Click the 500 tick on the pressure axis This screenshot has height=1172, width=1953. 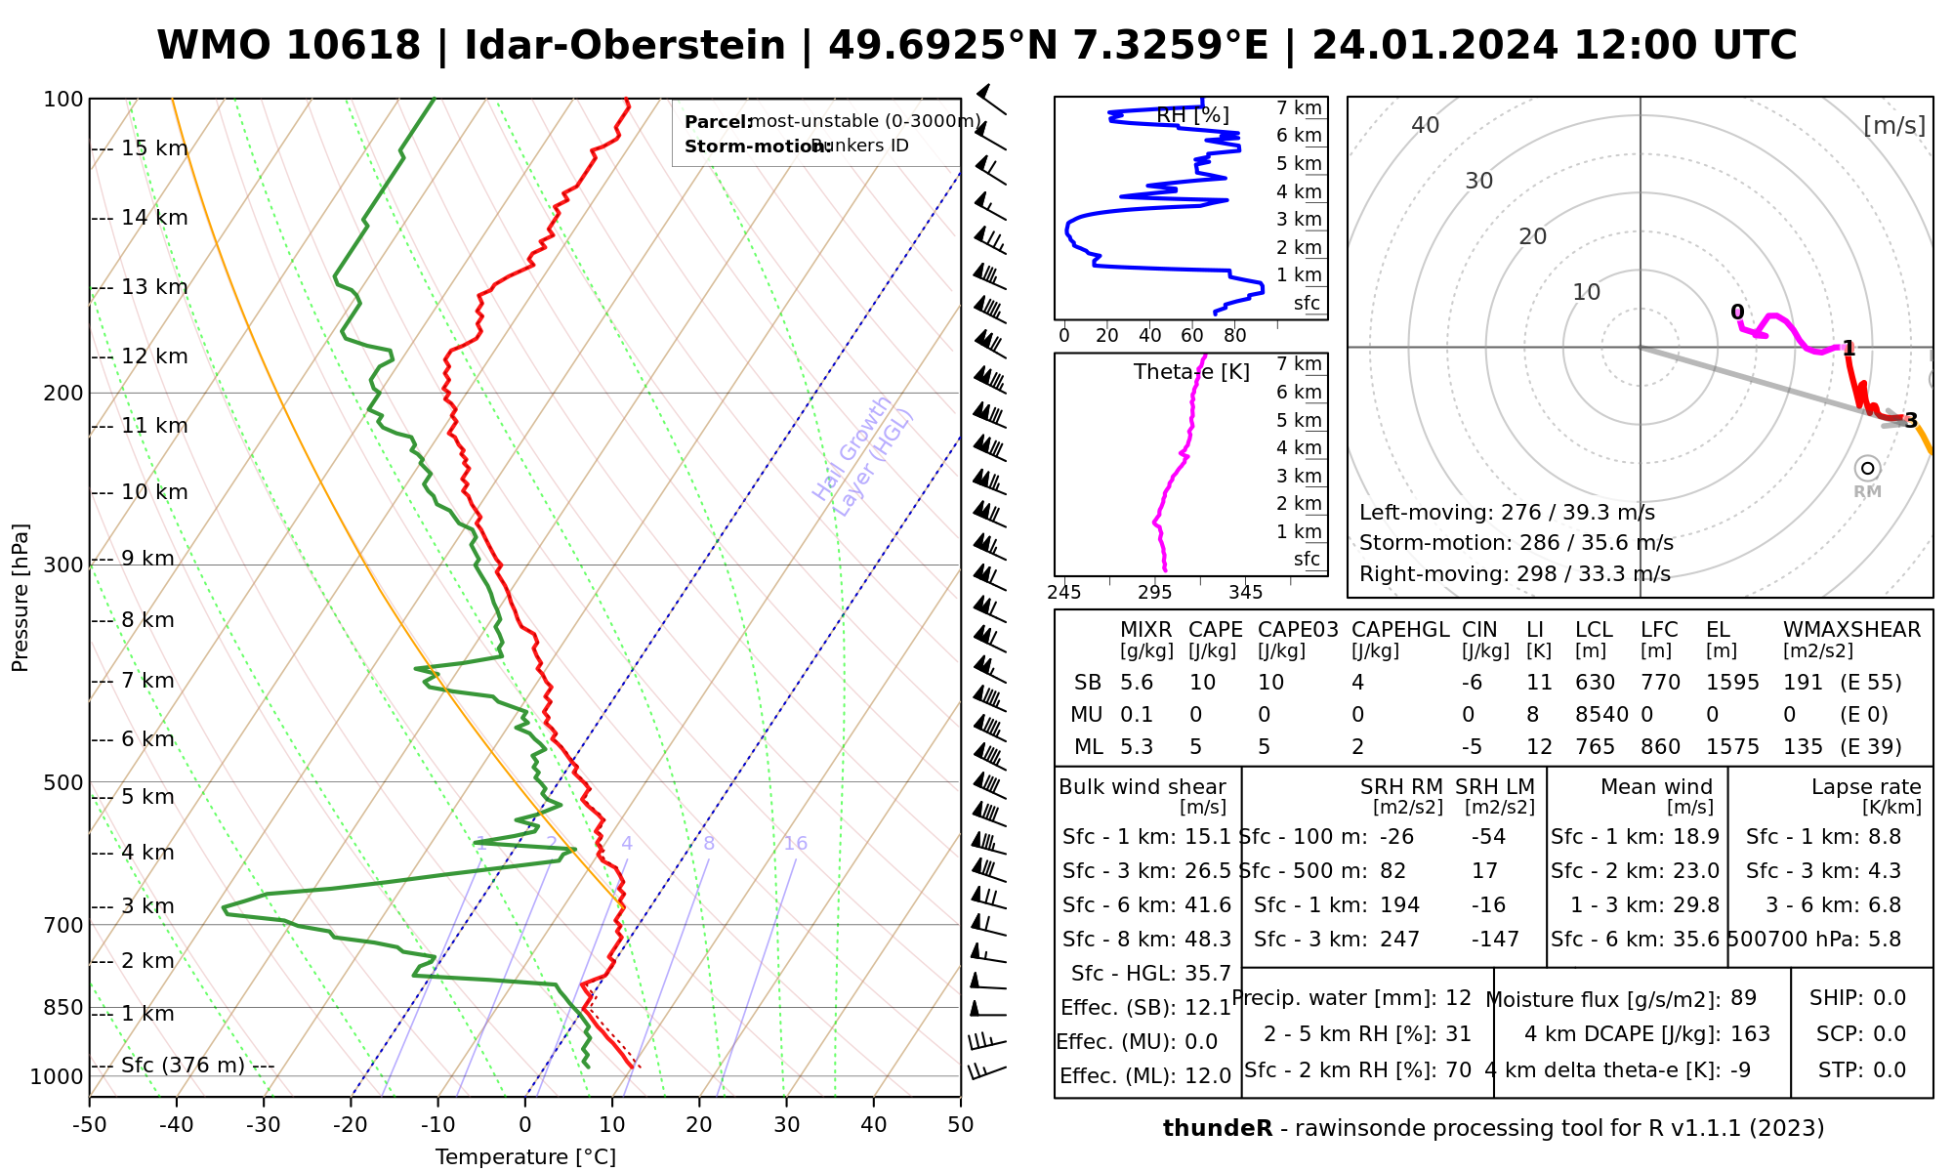click(x=64, y=782)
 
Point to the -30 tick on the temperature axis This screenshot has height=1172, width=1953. click(x=263, y=1125)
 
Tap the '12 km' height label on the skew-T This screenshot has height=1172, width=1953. click(x=154, y=356)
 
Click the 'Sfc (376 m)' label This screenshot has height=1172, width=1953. click(x=183, y=1065)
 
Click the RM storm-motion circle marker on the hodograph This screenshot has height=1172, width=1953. click(x=1867, y=469)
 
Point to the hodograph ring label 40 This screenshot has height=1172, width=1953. click(x=1426, y=125)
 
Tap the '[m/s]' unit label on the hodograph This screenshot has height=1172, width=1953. click(x=1894, y=125)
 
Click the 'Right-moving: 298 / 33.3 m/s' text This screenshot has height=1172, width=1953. click(x=1515, y=574)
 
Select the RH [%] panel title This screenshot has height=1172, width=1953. click(x=1192, y=115)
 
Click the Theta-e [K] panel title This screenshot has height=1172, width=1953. click(x=1191, y=372)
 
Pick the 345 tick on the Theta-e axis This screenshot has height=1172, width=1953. click(x=1245, y=593)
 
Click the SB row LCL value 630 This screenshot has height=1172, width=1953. click(x=1596, y=683)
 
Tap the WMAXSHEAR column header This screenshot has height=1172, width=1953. click(x=1851, y=630)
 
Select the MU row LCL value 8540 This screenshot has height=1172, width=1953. click(x=1601, y=715)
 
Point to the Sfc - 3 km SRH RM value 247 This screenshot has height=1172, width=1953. click(x=1399, y=940)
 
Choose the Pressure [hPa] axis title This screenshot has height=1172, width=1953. click(x=21, y=598)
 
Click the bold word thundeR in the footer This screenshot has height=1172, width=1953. click(x=1218, y=1129)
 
